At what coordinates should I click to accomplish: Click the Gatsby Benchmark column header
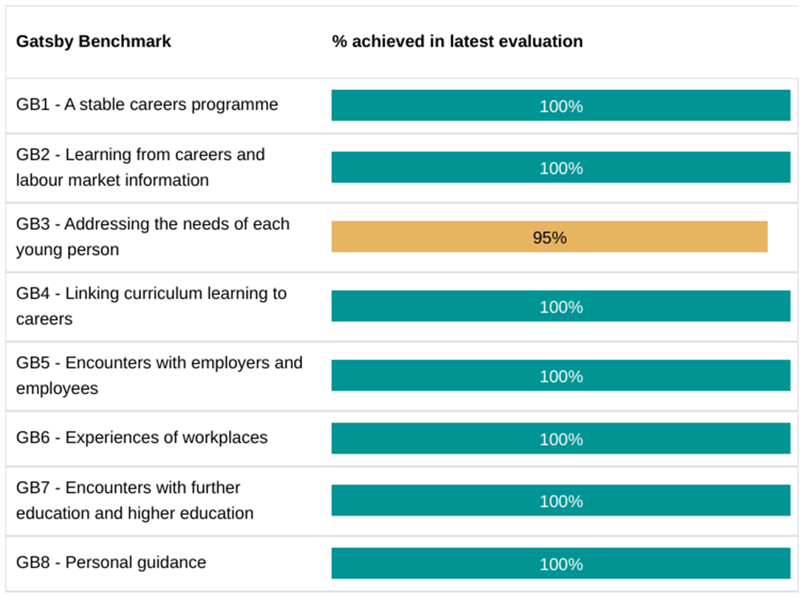(93, 41)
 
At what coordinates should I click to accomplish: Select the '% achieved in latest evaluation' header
(457, 41)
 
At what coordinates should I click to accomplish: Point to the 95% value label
(549, 238)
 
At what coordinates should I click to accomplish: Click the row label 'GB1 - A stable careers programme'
(147, 105)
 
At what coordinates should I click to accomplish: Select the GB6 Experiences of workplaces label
(142, 437)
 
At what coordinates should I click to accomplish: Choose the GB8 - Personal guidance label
(111, 562)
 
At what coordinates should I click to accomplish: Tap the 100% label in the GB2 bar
(561, 168)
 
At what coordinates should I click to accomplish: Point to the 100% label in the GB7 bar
(561, 502)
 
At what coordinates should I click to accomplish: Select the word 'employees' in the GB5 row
(57, 389)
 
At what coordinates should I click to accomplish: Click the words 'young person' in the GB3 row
(67, 250)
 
